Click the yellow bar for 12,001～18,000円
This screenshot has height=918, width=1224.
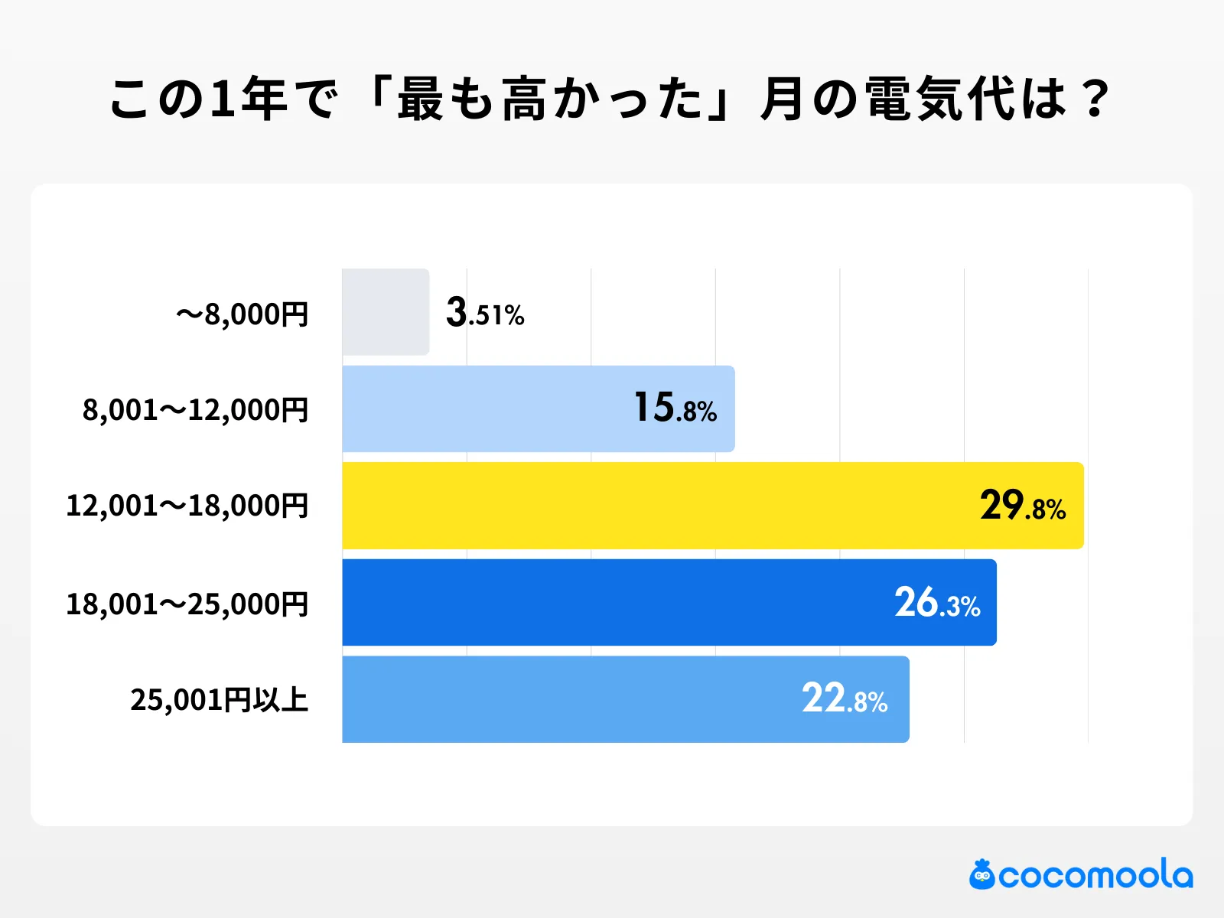(658, 506)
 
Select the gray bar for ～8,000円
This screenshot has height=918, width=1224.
(386, 312)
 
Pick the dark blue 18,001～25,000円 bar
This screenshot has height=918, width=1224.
(612, 603)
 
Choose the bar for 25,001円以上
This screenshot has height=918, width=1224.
(566, 699)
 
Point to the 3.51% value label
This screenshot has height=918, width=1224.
(485, 314)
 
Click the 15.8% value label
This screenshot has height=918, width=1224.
(675, 409)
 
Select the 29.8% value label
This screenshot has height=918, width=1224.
(1023, 506)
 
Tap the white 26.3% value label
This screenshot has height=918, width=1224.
(937, 604)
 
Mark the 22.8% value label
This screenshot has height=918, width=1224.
(845, 699)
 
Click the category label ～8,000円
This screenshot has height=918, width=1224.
(242, 314)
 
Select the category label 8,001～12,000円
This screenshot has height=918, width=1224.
(196, 411)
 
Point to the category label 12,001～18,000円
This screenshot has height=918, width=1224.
(187, 506)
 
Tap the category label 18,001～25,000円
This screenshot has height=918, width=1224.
(187, 604)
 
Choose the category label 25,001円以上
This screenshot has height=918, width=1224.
(220, 700)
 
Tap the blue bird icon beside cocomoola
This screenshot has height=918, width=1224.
(982, 875)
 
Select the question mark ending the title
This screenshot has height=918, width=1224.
(1096, 99)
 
